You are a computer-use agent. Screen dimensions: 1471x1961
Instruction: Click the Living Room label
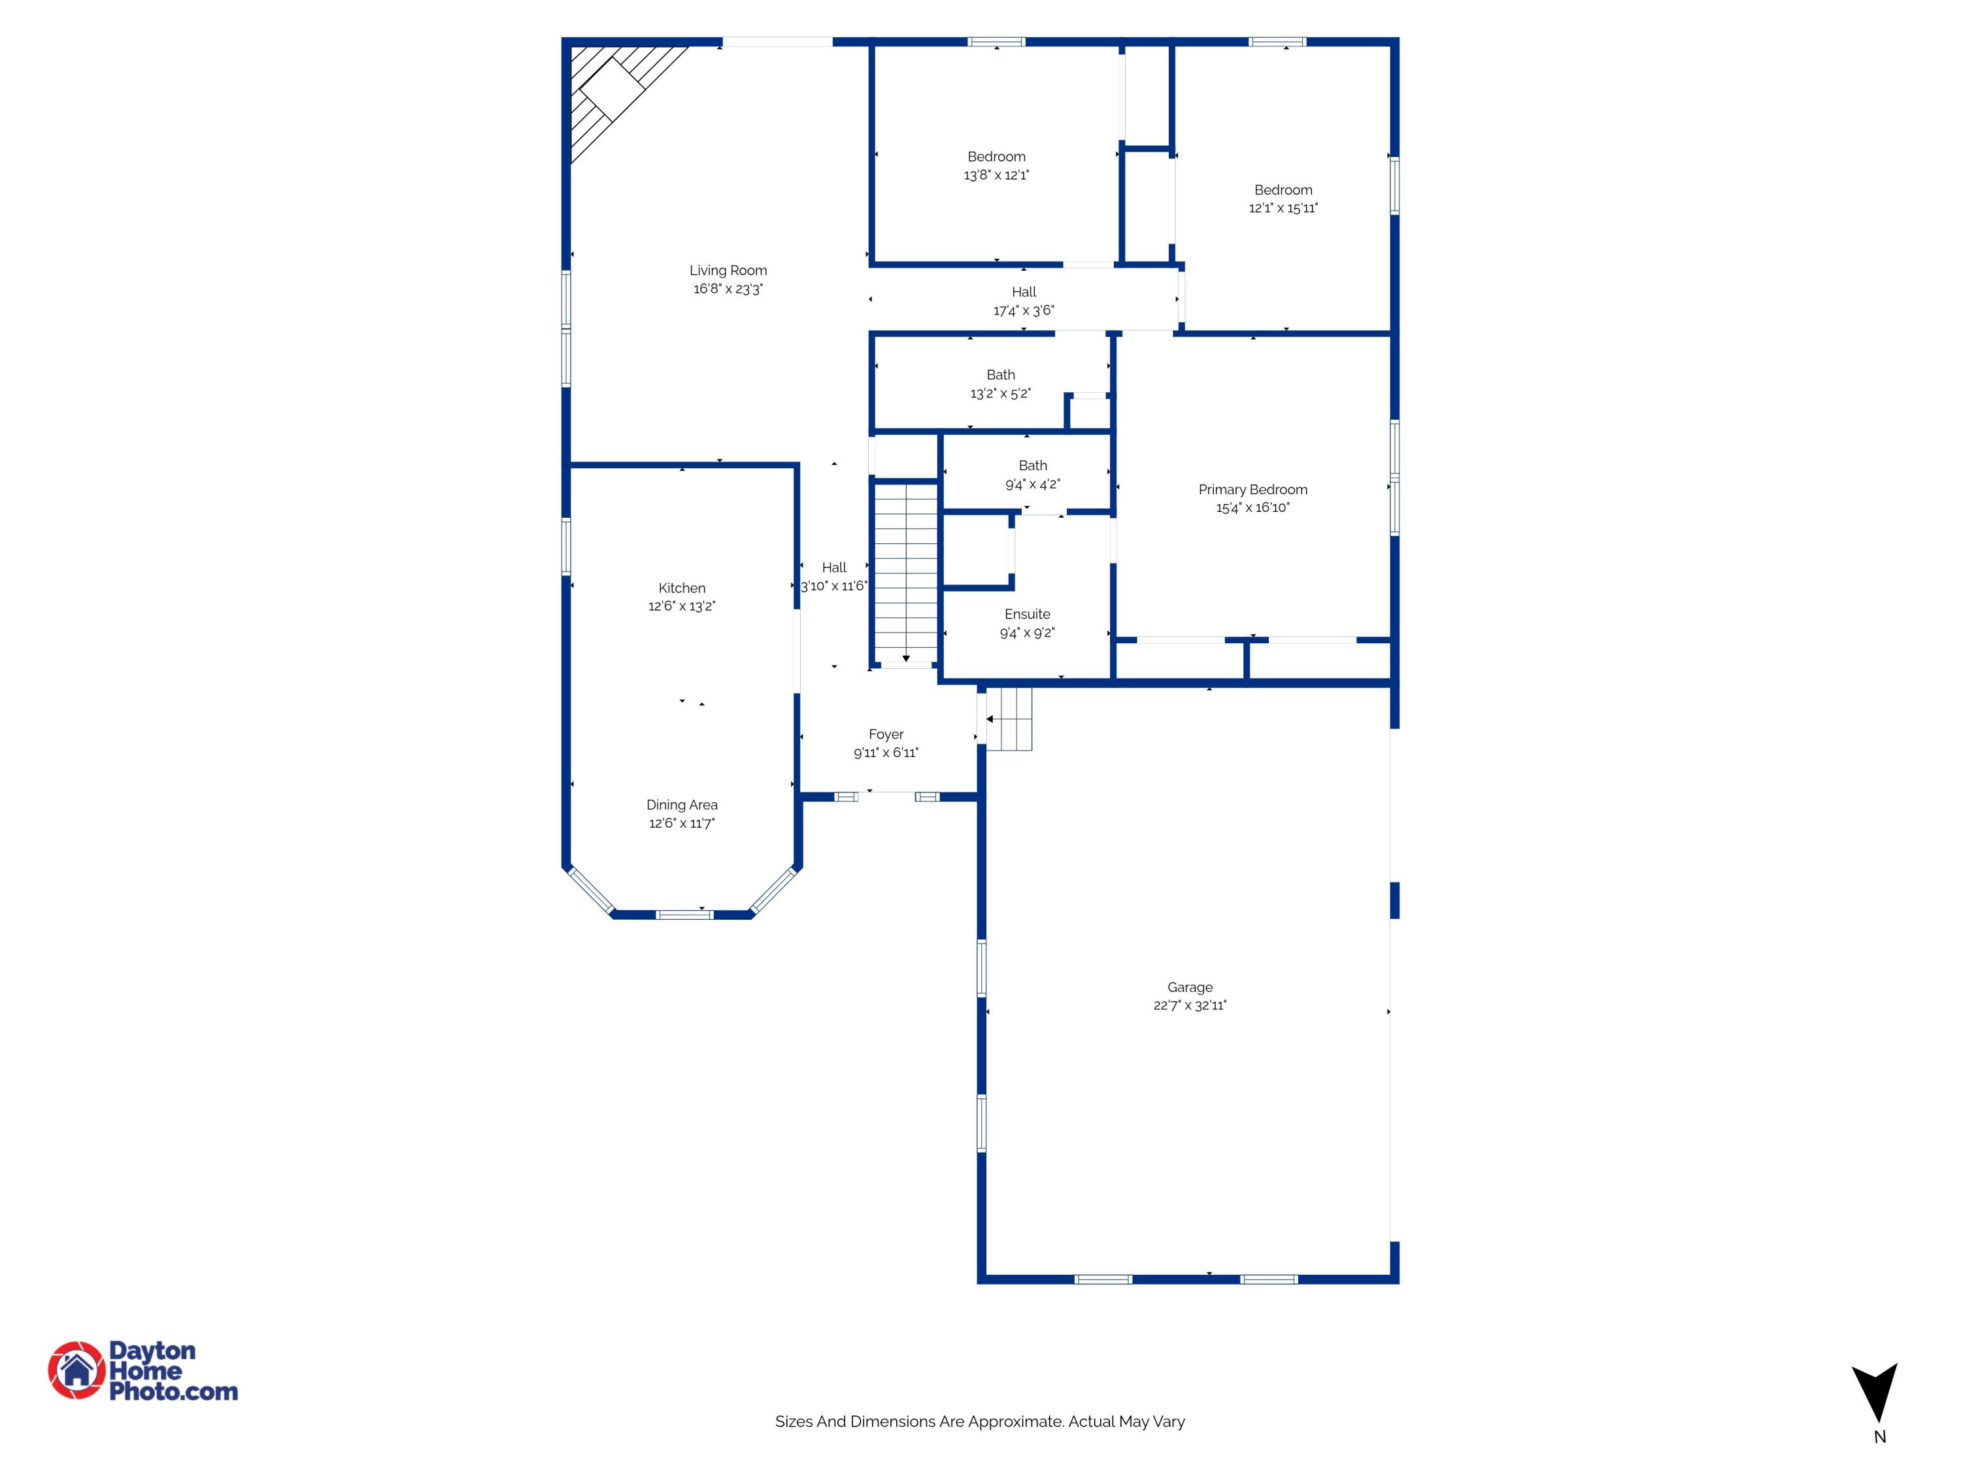click(728, 271)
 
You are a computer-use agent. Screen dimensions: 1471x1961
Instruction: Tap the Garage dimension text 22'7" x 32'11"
click(1190, 1006)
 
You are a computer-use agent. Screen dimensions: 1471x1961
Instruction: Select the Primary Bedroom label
click(1252, 490)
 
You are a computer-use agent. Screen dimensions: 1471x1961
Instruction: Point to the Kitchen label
click(682, 588)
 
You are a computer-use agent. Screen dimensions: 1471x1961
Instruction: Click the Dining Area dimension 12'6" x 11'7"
click(682, 824)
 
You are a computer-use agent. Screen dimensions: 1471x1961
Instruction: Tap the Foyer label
click(886, 734)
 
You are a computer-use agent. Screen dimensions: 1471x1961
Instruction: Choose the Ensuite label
click(1027, 615)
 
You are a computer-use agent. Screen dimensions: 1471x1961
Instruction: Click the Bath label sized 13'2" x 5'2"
click(1000, 375)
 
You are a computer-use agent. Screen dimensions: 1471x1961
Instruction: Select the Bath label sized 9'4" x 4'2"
click(1032, 465)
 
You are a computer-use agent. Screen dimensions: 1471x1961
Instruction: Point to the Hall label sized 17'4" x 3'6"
click(1023, 292)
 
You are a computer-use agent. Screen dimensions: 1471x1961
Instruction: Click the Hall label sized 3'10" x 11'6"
click(833, 567)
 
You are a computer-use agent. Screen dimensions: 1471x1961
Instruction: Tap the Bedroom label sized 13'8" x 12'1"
click(996, 157)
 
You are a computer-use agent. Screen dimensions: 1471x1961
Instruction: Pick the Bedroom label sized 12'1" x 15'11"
click(1282, 190)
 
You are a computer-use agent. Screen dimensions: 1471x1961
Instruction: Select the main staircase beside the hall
click(905, 572)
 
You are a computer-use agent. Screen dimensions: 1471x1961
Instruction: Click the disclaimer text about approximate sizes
click(980, 1421)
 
